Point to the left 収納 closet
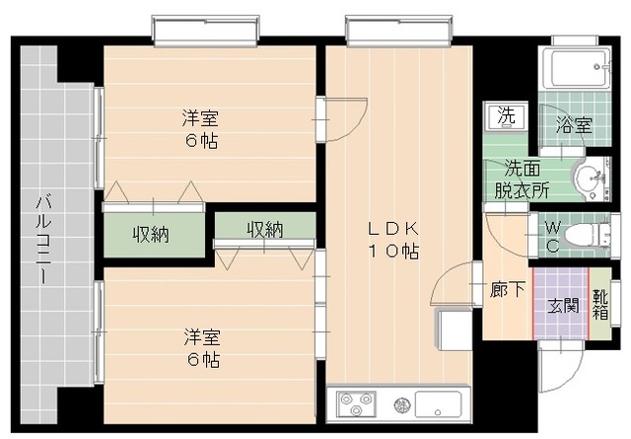pos(151,234)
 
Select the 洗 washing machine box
pos(507,114)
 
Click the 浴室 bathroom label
pos(574,125)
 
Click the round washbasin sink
pos(590,179)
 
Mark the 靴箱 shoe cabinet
pos(600,303)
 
